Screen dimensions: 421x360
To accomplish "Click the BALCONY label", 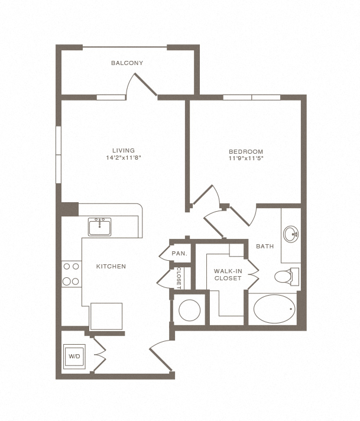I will click(x=127, y=63).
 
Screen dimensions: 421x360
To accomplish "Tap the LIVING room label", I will click(x=124, y=150).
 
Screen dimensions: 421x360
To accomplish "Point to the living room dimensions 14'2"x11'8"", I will click(x=124, y=158).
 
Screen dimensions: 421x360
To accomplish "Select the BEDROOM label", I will click(x=245, y=151).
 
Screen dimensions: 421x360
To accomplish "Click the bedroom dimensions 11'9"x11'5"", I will click(x=245, y=158).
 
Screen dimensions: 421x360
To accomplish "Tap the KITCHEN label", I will click(x=111, y=267).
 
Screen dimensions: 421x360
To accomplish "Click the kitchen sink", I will click(x=100, y=225).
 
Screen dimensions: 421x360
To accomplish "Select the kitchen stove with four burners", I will click(x=72, y=274).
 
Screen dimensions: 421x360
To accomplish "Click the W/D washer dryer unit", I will click(x=74, y=357).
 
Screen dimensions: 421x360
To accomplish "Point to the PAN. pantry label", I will click(x=180, y=254).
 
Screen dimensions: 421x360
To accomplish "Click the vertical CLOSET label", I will click(x=179, y=277).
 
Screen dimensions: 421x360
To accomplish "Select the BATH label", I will click(x=264, y=246).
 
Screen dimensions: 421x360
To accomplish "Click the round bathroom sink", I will click(x=291, y=234).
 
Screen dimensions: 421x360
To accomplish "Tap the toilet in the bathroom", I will click(x=286, y=276).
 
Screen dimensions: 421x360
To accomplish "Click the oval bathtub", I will click(x=274, y=308).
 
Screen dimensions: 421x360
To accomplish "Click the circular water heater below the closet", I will click(x=190, y=309).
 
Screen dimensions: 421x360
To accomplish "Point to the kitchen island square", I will click(x=106, y=315).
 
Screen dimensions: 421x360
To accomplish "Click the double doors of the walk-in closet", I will click(x=253, y=273).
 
